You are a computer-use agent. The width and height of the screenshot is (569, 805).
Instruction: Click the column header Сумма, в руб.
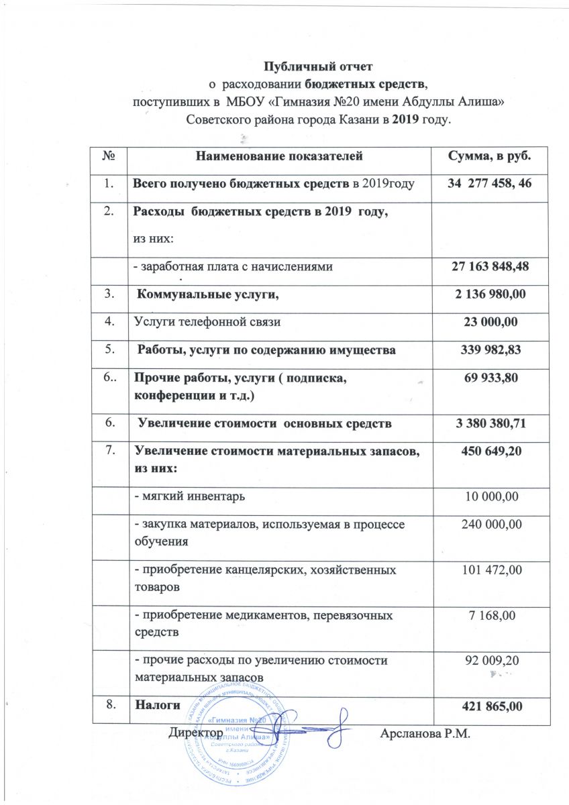(x=489, y=156)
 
